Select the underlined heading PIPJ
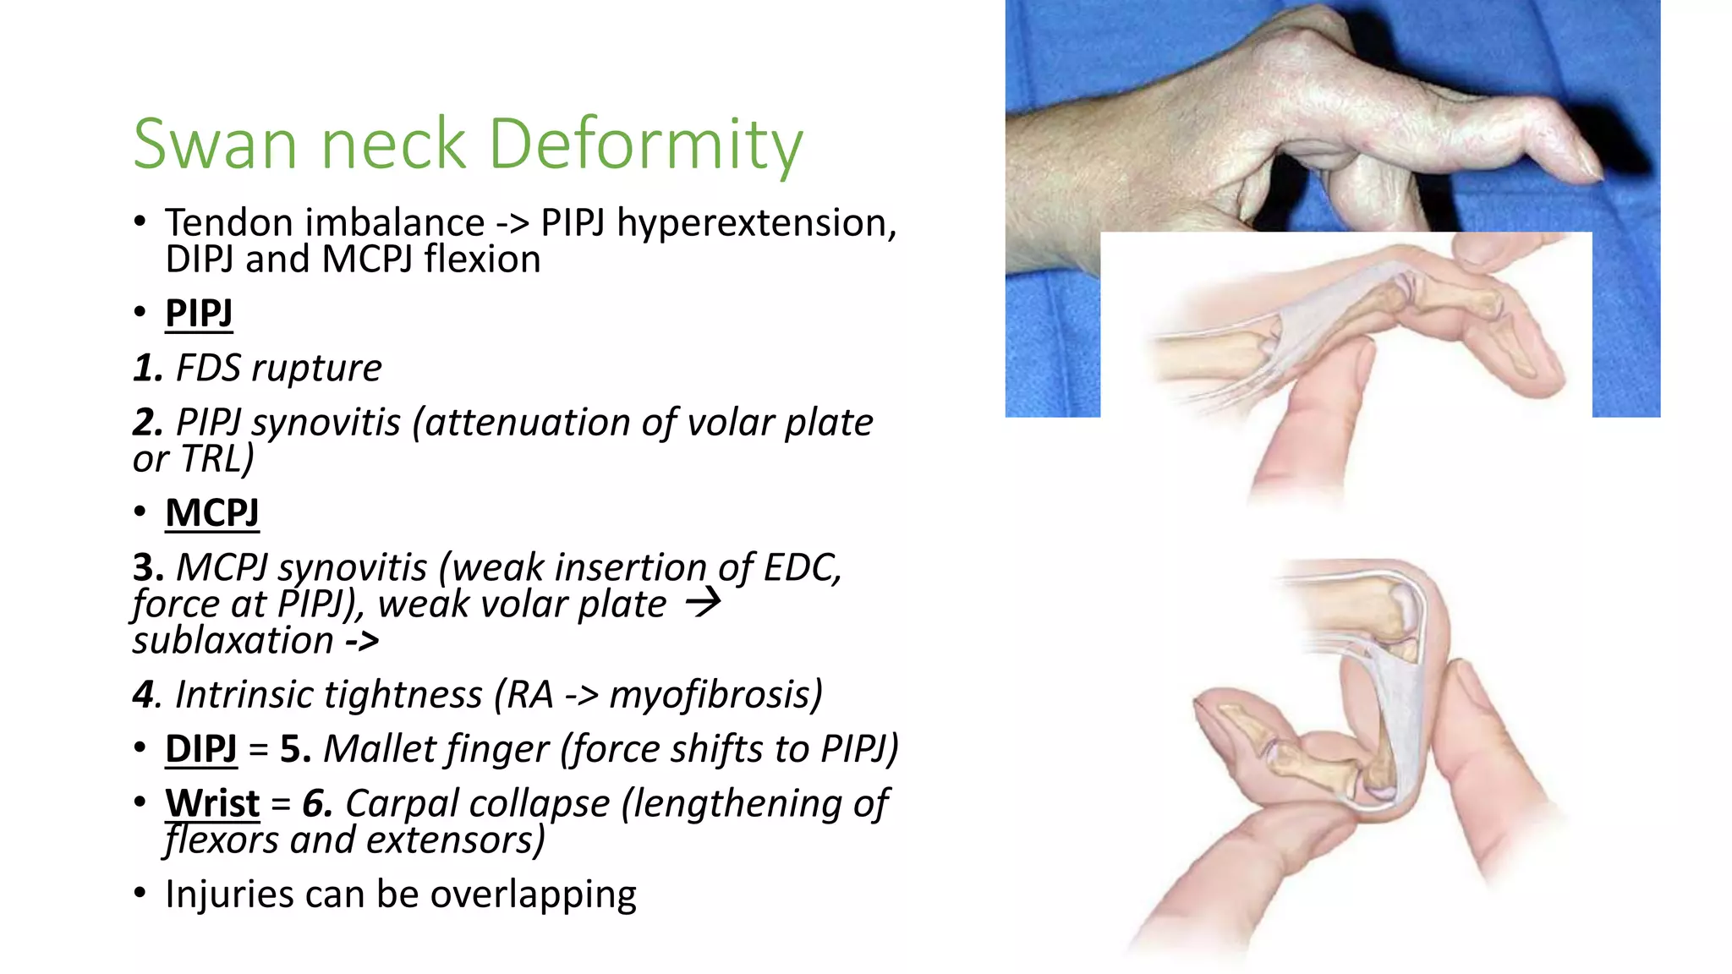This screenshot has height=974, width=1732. click(199, 314)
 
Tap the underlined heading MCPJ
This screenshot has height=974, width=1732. click(211, 513)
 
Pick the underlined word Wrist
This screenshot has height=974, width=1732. click(212, 803)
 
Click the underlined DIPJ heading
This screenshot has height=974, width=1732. click(200, 749)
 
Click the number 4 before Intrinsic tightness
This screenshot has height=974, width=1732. click(143, 695)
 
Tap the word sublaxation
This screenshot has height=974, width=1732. click(233, 641)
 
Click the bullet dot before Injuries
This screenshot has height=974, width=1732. click(140, 893)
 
